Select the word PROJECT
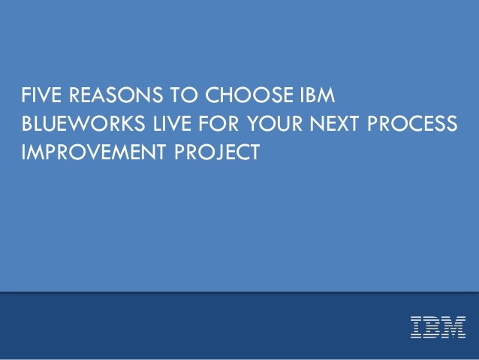[x=217, y=151]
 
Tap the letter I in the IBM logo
[x=415, y=327]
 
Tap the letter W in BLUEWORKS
[x=76, y=123]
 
